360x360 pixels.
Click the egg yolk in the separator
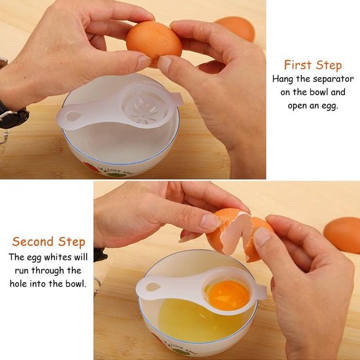(x=228, y=295)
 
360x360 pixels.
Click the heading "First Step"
(x=313, y=65)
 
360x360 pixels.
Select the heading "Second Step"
(x=48, y=242)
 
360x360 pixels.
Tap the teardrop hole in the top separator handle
(x=73, y=116)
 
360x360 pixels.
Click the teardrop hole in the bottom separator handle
(x=153, y=287)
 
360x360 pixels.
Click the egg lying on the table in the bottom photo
(x=342, y=234)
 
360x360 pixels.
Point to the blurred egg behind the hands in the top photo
(x=236, y=29)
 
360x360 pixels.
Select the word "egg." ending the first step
(x=329, y=106)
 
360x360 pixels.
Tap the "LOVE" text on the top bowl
(x=115, y=171)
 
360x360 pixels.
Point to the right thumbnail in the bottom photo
(x=262, y=236)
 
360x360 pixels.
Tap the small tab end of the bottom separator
(x=263, y=293)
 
